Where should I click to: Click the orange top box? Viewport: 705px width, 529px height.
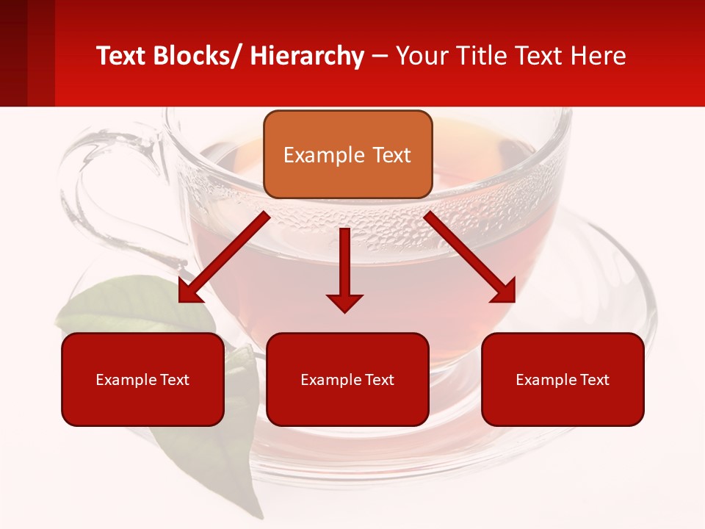pos(347,154)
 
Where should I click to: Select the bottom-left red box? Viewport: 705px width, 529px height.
pos(142,379)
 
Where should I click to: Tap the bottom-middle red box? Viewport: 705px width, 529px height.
pos(347,379)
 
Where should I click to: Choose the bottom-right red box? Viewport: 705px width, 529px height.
pos(563,379)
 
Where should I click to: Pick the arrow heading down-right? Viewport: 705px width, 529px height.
pos(470,258)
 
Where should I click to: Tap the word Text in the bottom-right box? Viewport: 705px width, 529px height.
pos(594,380)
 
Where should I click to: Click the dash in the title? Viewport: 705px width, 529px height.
pos(380,57)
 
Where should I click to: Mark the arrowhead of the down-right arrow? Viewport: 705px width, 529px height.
pos(505,292)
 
